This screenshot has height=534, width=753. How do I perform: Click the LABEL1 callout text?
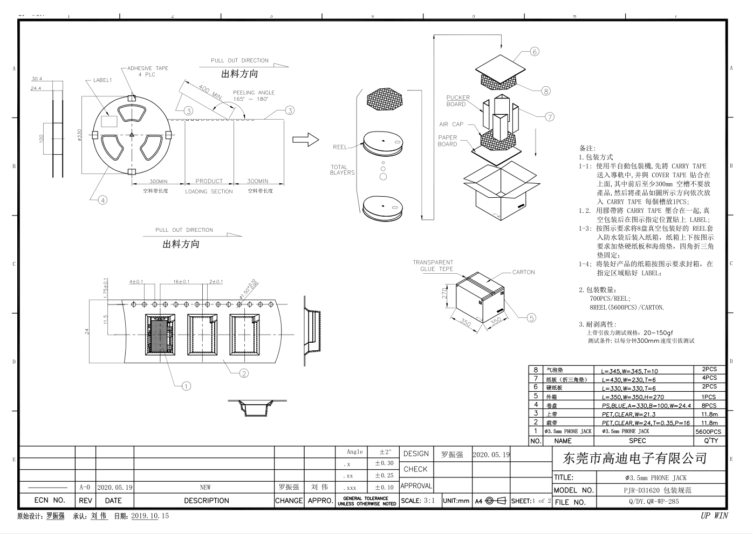click(x=102, y=80)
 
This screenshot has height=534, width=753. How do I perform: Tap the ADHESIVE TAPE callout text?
click(x=147, y=71)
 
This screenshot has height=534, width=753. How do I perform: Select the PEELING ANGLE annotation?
click(x=254, y=95)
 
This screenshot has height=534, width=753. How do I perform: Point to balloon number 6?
click(x=535, y=52)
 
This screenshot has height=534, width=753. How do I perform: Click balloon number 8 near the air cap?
click(x=546, y=91)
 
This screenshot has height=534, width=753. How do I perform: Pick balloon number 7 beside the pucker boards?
click(x=550, y=116)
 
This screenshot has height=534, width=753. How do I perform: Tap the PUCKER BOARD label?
click(x=458, y=101)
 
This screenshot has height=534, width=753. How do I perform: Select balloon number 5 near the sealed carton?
click(x=531, y=318)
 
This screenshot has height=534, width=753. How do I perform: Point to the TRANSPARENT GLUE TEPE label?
click(x=433, y=266)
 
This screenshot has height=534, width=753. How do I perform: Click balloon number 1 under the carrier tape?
click(x=186, y=386)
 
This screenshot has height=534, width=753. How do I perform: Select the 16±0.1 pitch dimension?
click(x=181, y=282)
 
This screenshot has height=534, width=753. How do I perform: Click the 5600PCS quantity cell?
click(x=708, y=432)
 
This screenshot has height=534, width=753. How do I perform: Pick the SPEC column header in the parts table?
click(x=637, y=441)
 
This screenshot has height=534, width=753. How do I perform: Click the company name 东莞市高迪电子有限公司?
click(x=634, y=459)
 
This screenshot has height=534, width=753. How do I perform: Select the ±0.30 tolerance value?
click(x=384, y=463)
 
